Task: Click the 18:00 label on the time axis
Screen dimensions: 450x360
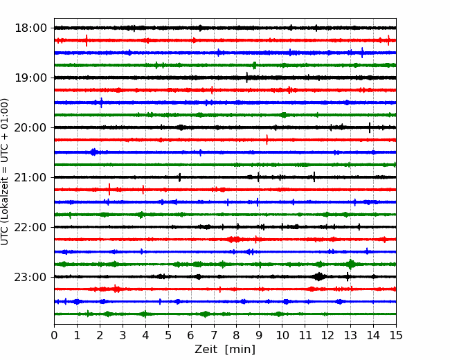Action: (30, 28)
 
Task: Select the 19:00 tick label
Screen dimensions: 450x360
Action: (30, 78)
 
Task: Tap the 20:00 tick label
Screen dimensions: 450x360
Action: (30, 127)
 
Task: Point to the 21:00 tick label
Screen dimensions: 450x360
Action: (30, 177)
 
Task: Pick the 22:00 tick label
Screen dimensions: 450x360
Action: (30, 227)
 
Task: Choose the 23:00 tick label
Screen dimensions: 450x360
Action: (30, 277)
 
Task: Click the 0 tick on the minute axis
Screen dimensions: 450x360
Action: (54, 335)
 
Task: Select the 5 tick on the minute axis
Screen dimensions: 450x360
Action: (168, 335)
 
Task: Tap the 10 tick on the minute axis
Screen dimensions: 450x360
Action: (282, 335)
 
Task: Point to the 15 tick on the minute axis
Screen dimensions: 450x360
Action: (396, 335)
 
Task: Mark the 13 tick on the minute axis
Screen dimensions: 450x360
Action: (350, 335)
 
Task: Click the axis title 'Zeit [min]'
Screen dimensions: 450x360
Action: (225, 349)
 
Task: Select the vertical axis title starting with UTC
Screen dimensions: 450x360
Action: (4, 172)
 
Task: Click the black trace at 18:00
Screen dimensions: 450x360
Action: (225, 28)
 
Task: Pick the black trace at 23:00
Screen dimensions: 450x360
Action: (225, 277)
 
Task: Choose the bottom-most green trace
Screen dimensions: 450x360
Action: (225, 314)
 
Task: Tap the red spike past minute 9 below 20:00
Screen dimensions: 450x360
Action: (267, 140)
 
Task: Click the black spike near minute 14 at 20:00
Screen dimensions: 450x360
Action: (370, 127)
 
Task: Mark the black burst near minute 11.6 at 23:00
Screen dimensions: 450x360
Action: (319, 277)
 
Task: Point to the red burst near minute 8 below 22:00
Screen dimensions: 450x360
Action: (235, 239)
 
